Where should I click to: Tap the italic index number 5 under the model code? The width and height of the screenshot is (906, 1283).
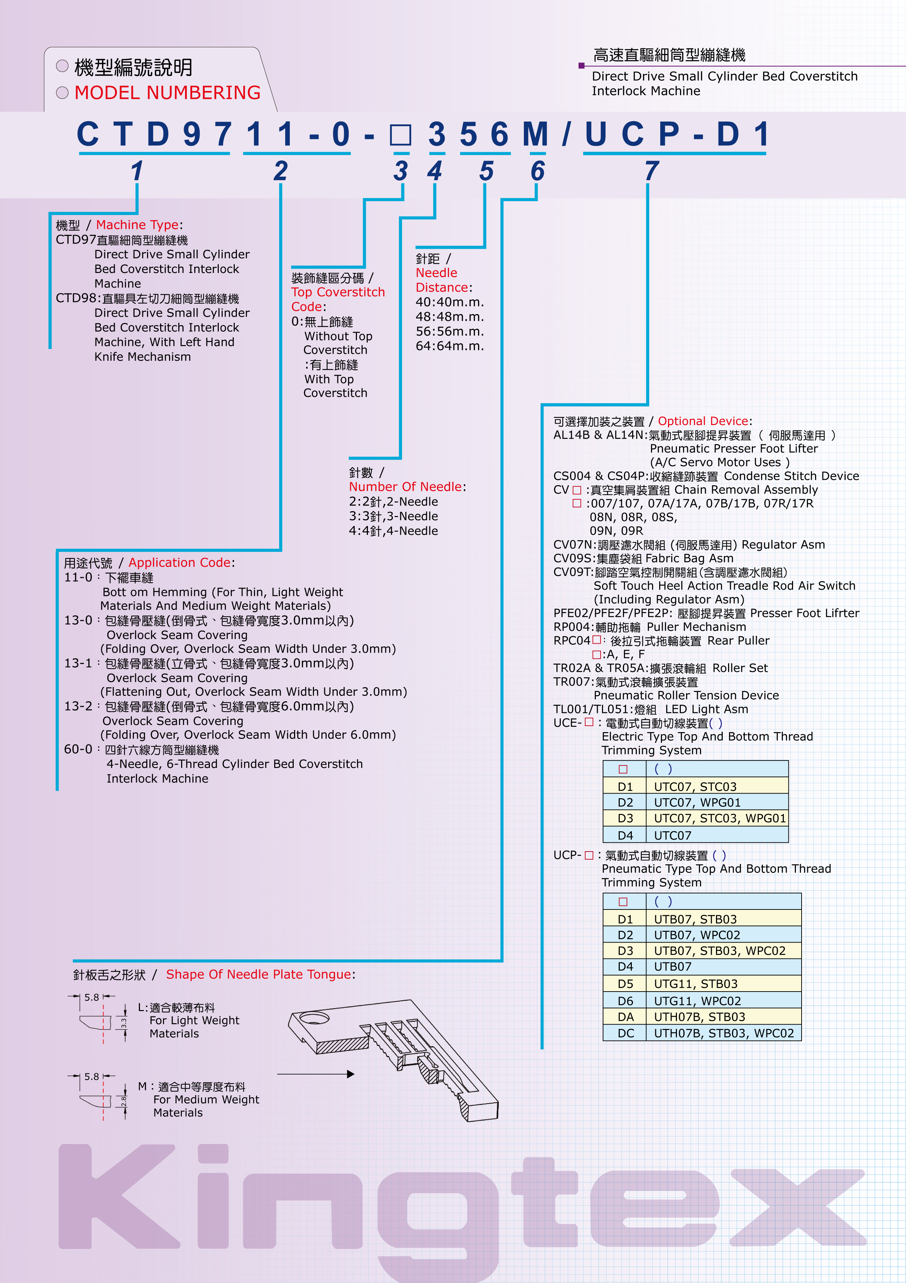(x=486, y=171)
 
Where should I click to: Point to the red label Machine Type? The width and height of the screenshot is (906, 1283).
(x=137, y=225)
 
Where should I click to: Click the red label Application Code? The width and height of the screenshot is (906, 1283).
(x=179, y=563)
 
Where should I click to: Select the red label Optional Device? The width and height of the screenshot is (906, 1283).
(x=703, y=422)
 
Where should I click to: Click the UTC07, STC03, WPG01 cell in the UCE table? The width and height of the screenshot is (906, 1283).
(x=720, y=818)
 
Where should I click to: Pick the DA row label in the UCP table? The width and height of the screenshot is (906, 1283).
(x=625, y=1017)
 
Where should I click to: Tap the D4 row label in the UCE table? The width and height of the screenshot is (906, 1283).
(x=625, y=836)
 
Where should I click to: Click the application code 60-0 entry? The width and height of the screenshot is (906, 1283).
(x=78, y=749)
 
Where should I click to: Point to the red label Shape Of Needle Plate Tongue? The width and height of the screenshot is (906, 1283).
(x=259, y=975)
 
